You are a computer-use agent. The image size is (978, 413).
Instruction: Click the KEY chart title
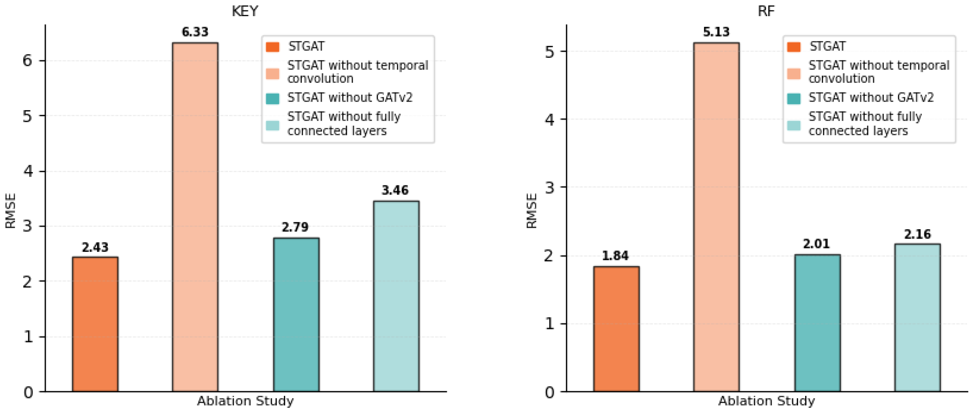245,11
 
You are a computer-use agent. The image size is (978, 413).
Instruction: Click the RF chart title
766,11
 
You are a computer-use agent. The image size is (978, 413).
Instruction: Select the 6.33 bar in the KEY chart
195,216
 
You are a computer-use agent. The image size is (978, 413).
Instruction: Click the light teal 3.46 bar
396,296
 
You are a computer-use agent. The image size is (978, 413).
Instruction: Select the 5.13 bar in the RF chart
716,216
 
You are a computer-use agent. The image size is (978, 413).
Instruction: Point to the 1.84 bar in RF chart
616,329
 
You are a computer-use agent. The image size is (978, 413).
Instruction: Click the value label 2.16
917,234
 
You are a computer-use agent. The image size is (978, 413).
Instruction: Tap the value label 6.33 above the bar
195,32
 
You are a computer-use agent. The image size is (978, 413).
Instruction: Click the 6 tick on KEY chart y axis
27,60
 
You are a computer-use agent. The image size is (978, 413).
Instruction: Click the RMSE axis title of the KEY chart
11,211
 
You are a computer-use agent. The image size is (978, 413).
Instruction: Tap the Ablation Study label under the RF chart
766,401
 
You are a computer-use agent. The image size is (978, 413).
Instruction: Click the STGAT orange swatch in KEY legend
273,47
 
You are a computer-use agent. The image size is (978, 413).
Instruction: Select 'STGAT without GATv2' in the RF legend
870,98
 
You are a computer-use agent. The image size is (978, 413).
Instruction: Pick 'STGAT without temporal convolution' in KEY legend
357,72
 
